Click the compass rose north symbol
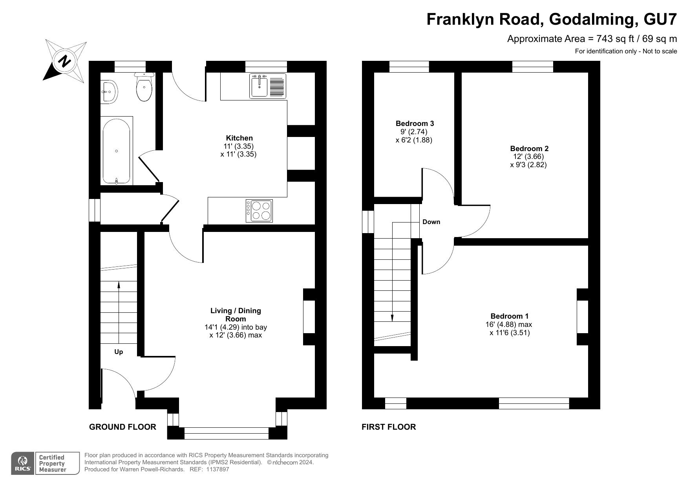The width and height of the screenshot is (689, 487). (x=65, y=61)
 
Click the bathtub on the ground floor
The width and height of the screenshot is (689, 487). (x=116, y=151)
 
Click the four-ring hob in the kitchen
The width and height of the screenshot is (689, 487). (x=259, y=211)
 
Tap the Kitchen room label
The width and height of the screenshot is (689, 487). (x=239, y=138)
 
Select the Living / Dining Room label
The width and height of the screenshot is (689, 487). (x=236, y=315)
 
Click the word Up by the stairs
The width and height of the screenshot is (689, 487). (x=119, y=352)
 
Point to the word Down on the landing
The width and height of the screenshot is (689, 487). (x=431, y=222)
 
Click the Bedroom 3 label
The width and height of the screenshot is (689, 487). (x=415, y=123)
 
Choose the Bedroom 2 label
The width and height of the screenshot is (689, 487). (x=529, y=148)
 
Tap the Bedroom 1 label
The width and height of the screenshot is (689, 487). (x=509, y=316)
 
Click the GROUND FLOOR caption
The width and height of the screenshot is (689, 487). (x=122, y=427)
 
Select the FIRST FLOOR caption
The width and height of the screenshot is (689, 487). (x=389, y=427)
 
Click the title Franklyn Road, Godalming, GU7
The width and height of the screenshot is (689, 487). (x=552, y=19)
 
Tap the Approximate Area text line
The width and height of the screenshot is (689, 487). (x=592, y=39)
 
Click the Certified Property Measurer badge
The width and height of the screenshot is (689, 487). (x=57, y=463)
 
